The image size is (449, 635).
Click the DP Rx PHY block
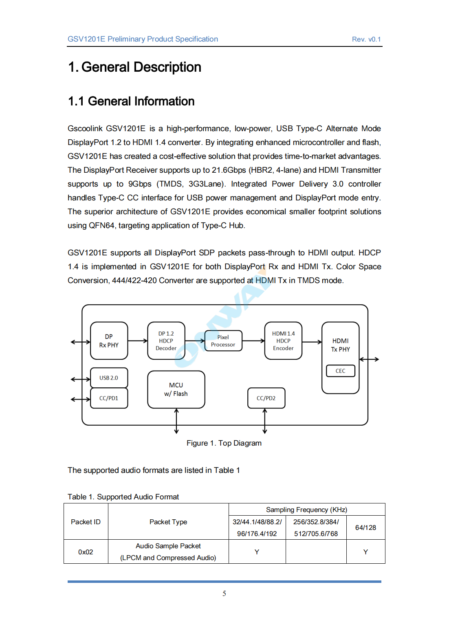click(x=109, y=341)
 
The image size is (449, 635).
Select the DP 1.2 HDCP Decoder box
click(x=166, y=341)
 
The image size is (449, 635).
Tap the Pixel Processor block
click(x=223, y=341)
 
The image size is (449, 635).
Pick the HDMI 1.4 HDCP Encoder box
click(x=283, y=341)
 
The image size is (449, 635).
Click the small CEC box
click(x=340, y=371)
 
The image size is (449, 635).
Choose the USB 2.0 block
click(x=109, y=378)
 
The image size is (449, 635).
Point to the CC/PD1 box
click(x=109, y=398)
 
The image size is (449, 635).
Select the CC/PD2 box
click(x=266, y=398)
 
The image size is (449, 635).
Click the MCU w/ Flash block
click(x=176, y=389)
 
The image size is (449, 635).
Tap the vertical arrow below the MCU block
click(x=176, y=421)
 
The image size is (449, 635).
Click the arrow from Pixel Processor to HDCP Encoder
click(x=253, y=341)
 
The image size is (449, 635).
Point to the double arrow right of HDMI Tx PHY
click(x=369, y=359)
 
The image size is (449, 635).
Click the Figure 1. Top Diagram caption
click(x=224, y=443)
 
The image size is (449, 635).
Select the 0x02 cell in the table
click(x=86, y=552)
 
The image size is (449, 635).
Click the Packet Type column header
click(x=168, y=522)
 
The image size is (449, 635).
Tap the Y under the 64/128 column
click(x=365, y=552)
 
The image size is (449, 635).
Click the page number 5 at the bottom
click(x=224, y=593)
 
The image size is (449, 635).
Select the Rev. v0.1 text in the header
click(x=366, y=40)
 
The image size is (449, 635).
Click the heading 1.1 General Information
click(x=131, y=101)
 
